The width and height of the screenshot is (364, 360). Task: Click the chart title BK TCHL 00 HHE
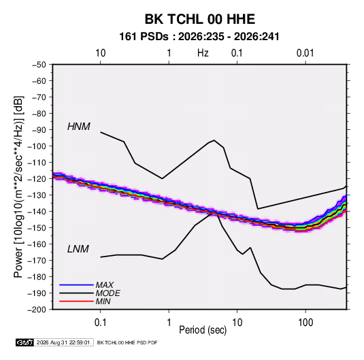click(x=200, y=19)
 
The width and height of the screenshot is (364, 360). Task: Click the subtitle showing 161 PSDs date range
click(x=199, y=37)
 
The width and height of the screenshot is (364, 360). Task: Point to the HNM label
click(x=79, y=127)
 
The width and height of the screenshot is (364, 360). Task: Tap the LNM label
click(x=78, y=249)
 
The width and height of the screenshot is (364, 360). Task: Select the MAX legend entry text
click(x=105, y=285)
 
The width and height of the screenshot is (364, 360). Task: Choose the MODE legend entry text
click(x=107, y=293)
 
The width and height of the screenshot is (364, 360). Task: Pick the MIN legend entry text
click(x=103, y=301)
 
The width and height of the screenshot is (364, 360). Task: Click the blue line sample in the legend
click(x=76, y=285)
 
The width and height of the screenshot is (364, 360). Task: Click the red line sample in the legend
click(x=76, y=301)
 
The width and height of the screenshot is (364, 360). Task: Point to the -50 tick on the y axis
click(x=39, y=65)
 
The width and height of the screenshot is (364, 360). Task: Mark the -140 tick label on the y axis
click(x=37, y=212)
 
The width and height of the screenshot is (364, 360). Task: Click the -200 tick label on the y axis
click(x=37, y=310)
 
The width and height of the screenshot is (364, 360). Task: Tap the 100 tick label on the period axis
click(x=305, y=323)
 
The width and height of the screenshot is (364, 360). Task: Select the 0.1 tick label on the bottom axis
click(x=101, y=323)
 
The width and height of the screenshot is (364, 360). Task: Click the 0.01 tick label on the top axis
click(x=305, y=53)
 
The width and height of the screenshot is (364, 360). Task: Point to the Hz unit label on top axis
click(x=203, y=53)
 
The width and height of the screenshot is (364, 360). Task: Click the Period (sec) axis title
click(x=203, y=330)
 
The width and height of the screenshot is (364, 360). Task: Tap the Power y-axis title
click(x=18, y=187)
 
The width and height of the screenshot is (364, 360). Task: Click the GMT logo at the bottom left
click(x=24, y=342)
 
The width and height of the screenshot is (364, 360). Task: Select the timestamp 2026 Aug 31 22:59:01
click(x=63, y=342)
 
